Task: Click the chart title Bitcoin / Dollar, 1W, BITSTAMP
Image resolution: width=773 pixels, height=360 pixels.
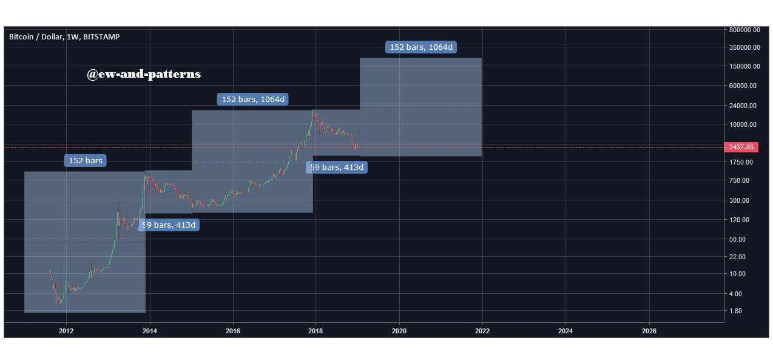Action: tap(64, 36)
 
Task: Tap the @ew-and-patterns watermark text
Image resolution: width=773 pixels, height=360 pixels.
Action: tap(144, 74)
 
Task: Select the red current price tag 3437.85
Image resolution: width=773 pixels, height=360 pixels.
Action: tap(744, 147)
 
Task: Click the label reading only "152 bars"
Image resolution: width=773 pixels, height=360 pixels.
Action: tap(85, 161)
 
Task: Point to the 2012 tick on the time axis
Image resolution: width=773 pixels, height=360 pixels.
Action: tap(66, 331)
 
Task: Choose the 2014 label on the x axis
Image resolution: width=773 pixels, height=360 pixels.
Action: tap(150, 331)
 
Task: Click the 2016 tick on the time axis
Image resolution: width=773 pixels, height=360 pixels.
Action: tap(233, 331)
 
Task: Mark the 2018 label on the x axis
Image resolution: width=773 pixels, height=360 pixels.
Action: tap(316, 331)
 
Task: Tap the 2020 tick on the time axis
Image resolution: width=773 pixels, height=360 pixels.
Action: tap(399, 331)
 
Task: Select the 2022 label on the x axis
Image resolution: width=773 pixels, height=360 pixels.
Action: tap(482, 331)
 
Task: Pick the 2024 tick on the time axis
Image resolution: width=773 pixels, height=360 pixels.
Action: tap(565, 331)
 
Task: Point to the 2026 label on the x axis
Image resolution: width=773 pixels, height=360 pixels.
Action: tap(649, 331)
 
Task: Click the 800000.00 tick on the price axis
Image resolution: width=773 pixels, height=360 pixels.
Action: tap(744, 30)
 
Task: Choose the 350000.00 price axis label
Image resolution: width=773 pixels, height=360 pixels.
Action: tap(744, 47)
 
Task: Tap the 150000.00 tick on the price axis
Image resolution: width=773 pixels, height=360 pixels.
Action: tap(744, 66)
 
